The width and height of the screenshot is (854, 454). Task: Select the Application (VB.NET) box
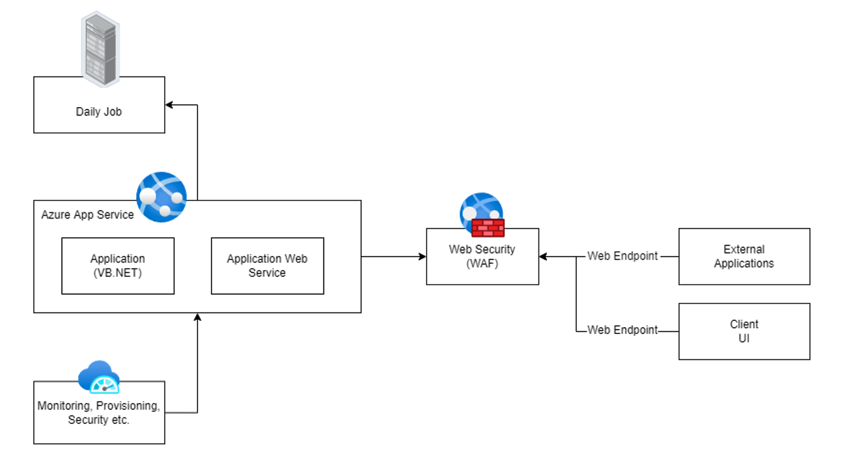point(118,265)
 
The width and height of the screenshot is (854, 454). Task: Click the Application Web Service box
point(267,265)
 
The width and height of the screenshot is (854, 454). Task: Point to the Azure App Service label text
point(88,215)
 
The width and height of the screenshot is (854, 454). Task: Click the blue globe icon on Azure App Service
point(161,197)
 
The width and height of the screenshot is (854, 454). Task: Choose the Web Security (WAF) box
point(482,256)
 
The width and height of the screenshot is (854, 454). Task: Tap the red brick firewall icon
point(488,228)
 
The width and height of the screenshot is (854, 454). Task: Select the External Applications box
point(744,256)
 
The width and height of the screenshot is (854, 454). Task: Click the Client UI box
point(744,331)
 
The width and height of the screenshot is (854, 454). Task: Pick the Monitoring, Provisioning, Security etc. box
point(99,413)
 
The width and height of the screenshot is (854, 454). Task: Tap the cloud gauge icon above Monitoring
point(99,376)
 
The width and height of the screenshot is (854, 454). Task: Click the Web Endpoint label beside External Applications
point(622,256)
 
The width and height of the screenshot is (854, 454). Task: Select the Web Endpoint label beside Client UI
point(622,329)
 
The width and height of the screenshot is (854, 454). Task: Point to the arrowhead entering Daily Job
point(169,105)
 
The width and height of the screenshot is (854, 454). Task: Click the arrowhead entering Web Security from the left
point(422,256)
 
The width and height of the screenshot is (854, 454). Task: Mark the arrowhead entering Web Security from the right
point(543,256)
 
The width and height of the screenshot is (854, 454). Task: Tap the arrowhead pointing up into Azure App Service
point(197,317)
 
